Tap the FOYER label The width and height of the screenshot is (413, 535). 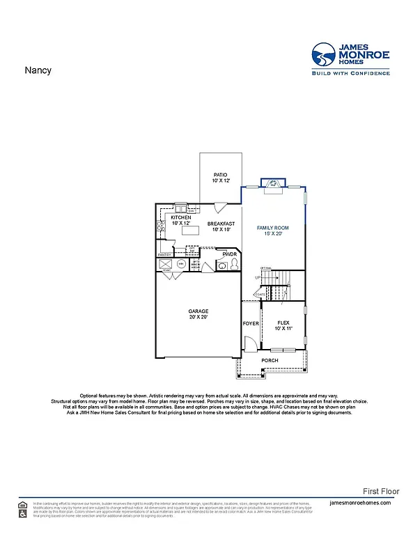(250, 324)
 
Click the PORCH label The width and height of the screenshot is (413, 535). (270, 360)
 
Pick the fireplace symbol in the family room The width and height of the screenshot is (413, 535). (273, 183)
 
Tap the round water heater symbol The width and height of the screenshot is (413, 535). (180, 265)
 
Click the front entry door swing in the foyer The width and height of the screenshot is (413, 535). (248, 344)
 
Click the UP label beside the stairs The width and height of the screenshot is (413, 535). (258, 278)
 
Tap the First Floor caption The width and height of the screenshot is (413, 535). (382, 491)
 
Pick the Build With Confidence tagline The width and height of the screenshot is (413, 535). (350, 72)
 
